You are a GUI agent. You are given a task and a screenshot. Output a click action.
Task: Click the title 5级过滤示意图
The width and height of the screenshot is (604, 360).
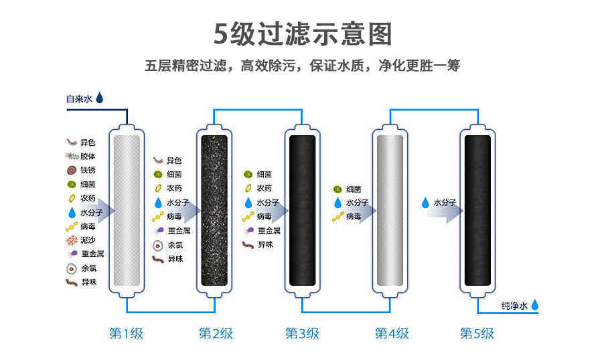pos(302,33)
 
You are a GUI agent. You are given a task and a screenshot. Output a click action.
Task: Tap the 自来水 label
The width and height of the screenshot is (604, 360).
pos(78,98)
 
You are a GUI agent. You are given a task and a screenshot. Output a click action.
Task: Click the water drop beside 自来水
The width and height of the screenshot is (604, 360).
pos(100,98)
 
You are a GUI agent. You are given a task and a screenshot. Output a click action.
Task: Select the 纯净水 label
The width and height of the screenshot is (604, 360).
pos(514,306)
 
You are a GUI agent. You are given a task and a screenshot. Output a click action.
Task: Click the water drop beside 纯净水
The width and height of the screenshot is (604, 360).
pos(535,305)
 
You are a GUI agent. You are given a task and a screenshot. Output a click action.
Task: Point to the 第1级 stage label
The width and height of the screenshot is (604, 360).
pos(126,333)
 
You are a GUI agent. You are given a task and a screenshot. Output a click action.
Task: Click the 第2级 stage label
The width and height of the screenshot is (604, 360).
pos(216,333)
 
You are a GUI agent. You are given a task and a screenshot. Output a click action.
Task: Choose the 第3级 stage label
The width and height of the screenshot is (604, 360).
pos(302,333)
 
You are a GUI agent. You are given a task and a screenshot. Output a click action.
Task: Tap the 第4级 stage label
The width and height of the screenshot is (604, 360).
pos(391,333)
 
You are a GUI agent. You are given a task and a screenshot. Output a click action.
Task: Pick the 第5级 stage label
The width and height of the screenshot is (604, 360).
pos(477,333)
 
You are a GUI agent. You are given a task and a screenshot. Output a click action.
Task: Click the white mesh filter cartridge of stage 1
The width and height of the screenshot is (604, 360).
pos(127,210)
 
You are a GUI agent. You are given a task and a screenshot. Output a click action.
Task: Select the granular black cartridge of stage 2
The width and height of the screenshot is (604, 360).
pos(216,210)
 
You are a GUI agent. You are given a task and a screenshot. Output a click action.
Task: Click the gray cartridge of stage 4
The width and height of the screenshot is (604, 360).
pos(390,210)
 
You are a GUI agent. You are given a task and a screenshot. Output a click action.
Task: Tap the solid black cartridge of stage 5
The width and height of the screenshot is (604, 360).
pos(477,210)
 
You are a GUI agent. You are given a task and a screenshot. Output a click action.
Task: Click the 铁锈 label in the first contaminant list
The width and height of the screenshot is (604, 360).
pos(88,170)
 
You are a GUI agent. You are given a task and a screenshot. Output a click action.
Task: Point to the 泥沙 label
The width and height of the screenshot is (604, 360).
pos(88,240)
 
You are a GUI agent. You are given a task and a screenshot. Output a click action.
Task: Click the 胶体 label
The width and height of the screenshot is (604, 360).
pos(88,156)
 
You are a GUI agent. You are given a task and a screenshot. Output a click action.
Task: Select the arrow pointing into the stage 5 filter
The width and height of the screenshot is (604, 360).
pos(445,209)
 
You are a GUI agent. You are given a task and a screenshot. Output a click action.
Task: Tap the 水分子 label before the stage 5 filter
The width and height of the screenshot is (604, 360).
pos(445,201)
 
